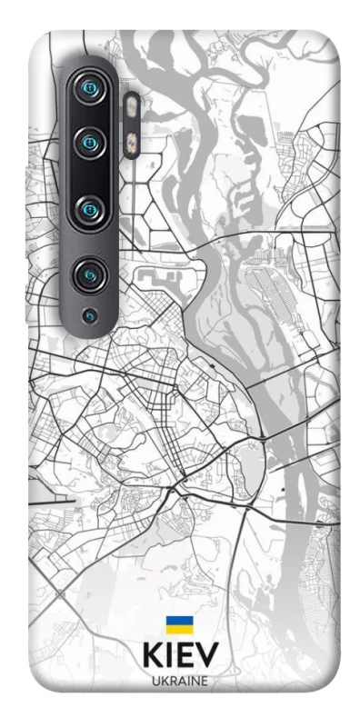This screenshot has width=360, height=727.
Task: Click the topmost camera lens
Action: pyautogui.click(x=89, y=88)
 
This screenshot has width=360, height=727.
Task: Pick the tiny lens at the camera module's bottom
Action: pyautogui.click(x=88, y=315)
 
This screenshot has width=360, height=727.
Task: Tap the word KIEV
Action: pyautogui.click(x=180, y=657)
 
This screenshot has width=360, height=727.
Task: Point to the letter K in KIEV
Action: pyautogui.click(x=153, y=657)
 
